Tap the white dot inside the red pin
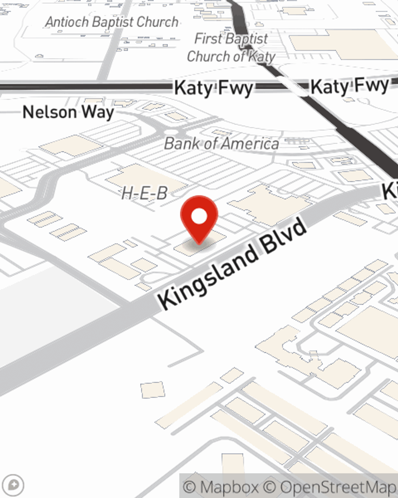click(199, 217)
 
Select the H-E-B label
click(144, 194)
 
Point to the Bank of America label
click(221, 143)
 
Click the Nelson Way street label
click(68, 112)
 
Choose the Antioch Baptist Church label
click(112, 22)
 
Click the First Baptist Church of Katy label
click(231, 48)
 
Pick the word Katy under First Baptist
click(261, 57)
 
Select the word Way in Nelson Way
click(98, 113)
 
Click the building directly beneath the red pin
click(199, 244)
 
